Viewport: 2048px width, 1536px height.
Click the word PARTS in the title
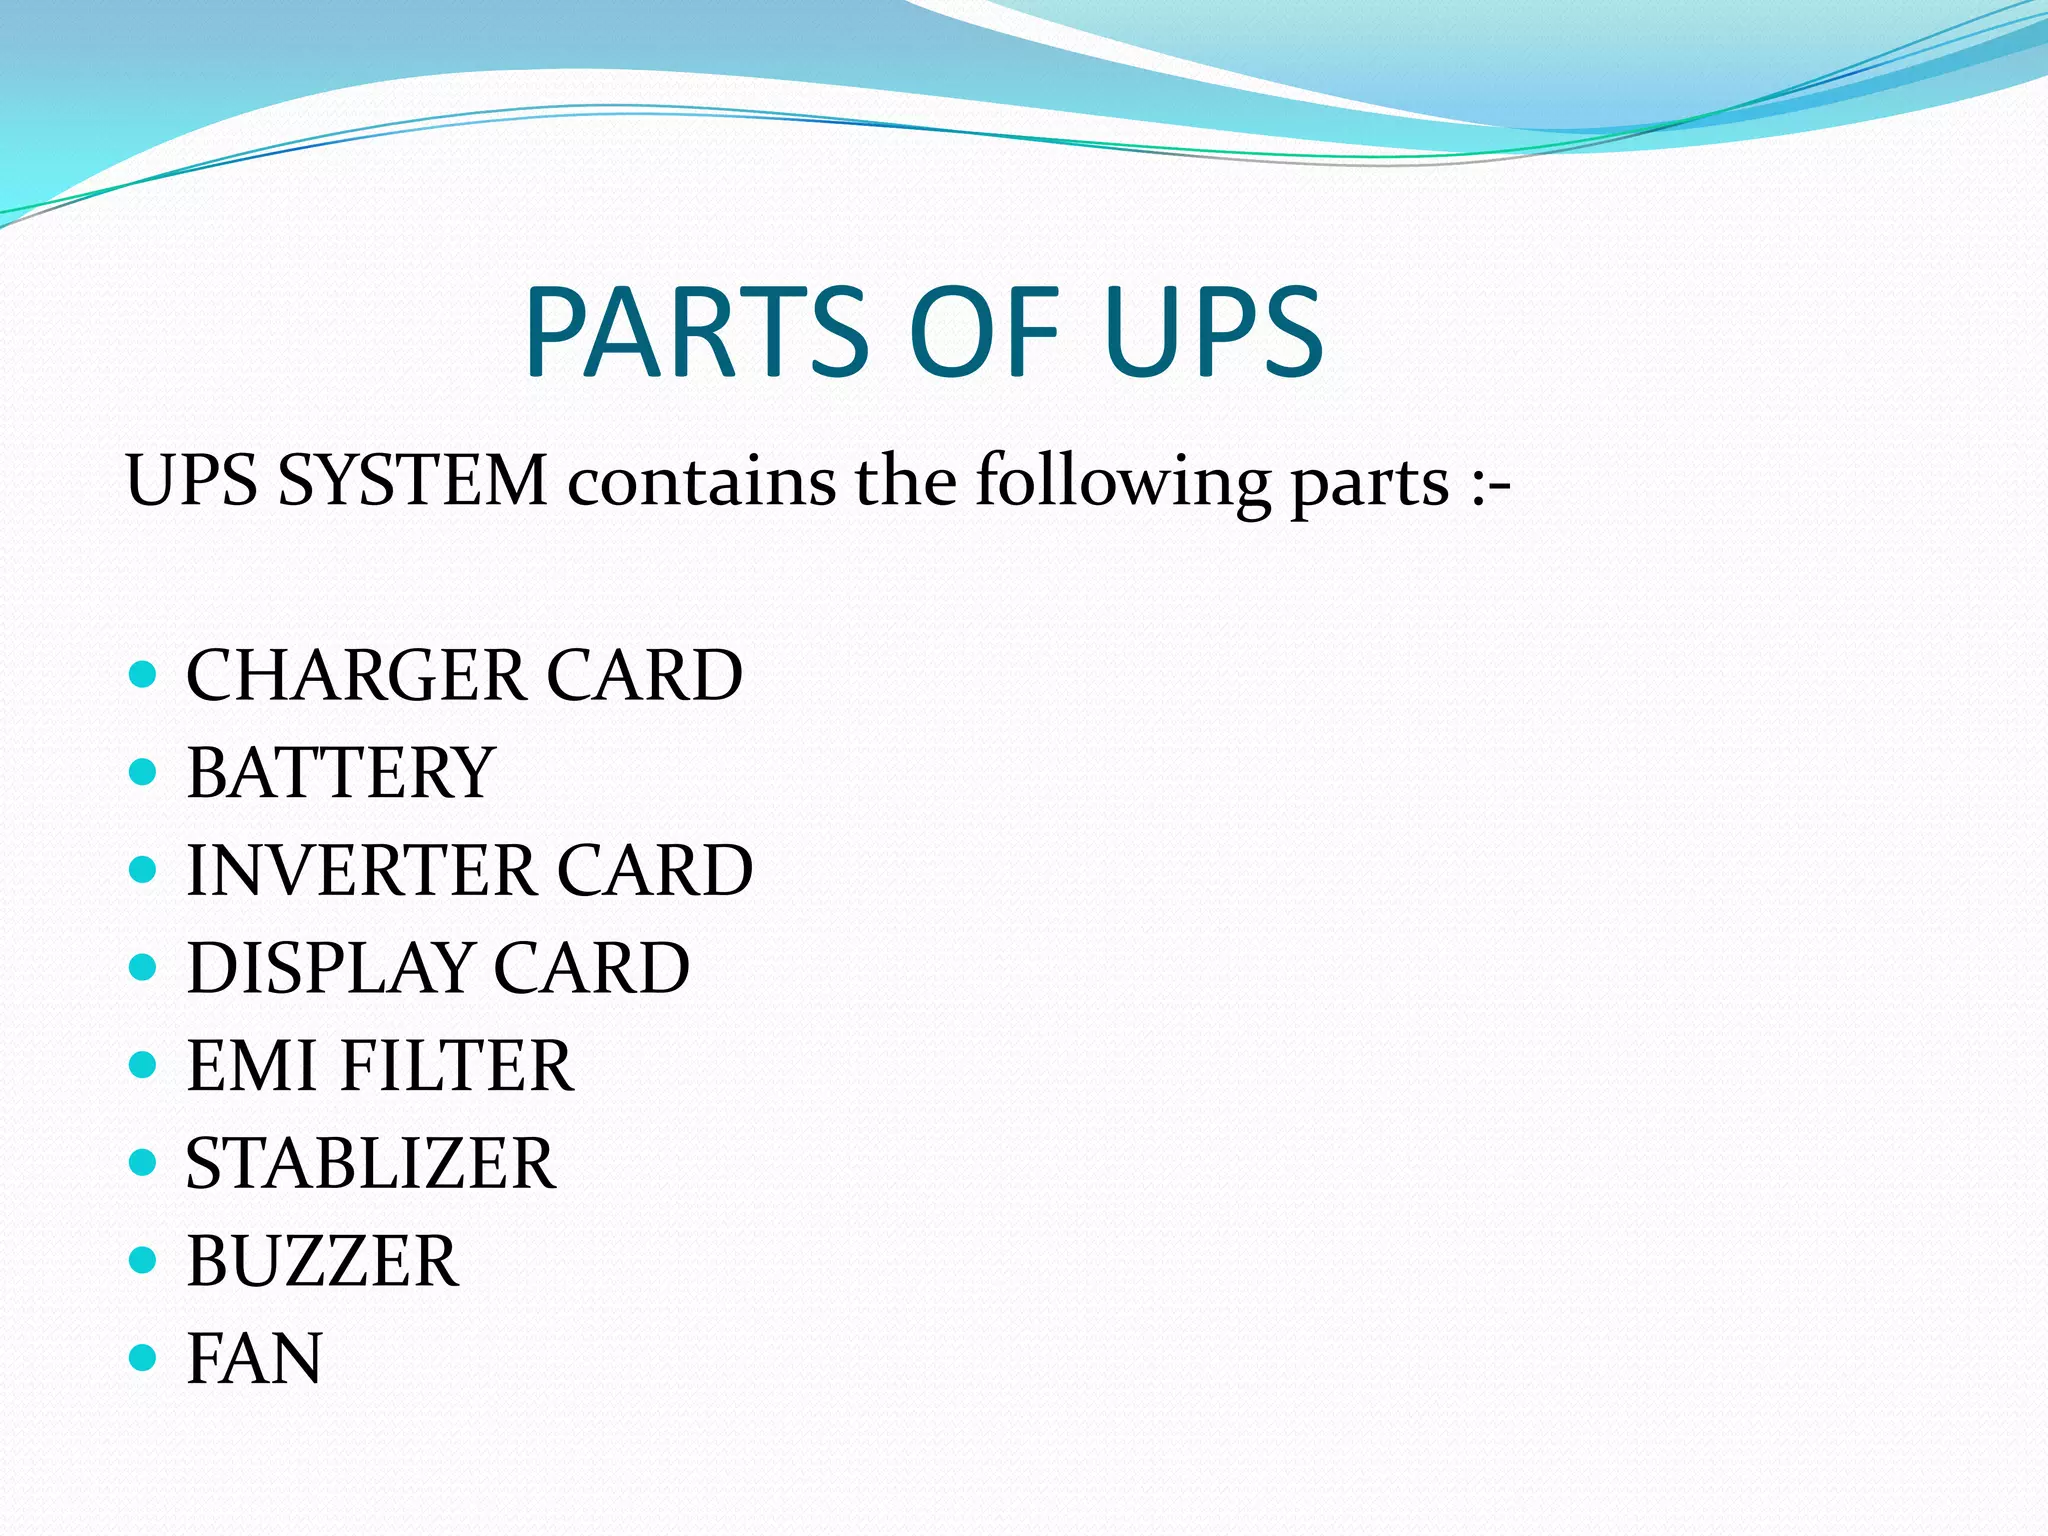tap(697, 332)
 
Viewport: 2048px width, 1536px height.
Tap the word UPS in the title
tap(1214, 332)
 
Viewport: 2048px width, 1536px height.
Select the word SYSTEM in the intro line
tap(412, 481)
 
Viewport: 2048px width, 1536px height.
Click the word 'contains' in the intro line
tap(701, 481)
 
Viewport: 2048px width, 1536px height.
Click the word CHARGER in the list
tap(356, 675)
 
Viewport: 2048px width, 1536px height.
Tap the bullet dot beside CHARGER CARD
tap(144, 674)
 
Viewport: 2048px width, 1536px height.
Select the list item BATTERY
tap(340, 773)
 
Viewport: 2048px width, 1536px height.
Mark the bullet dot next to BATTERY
tap(144, 771)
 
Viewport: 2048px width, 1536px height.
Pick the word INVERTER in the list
tap(361, 870)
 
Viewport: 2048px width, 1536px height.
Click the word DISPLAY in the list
tap(330, 968)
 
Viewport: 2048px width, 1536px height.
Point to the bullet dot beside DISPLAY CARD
tap(144, 967)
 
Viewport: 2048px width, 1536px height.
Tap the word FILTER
tap(457, 1065)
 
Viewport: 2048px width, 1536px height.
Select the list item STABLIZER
tap(370, 1163)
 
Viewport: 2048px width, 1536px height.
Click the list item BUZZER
tap(322, 1261)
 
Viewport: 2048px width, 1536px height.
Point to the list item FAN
tap(254, 1358)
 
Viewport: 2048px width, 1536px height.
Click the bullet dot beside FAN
tap(144, 1357)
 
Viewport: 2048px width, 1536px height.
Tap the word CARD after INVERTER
tap(654, 870)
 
